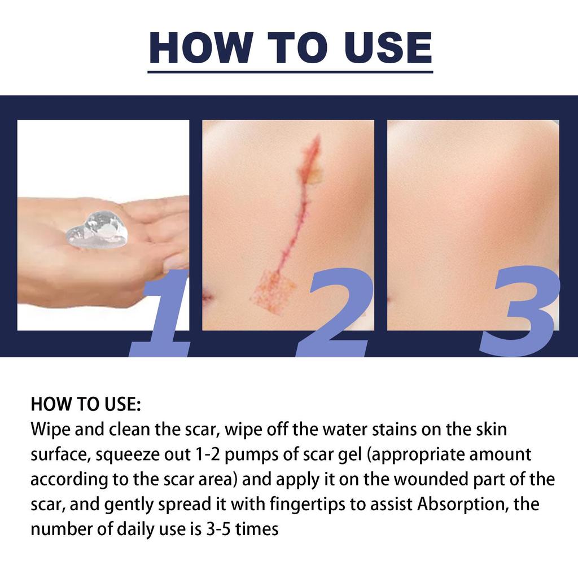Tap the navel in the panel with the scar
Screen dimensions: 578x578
pyautogui.click(x=206, y=295)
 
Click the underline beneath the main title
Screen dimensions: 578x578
pyautogui.click(x=290, y=72)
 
